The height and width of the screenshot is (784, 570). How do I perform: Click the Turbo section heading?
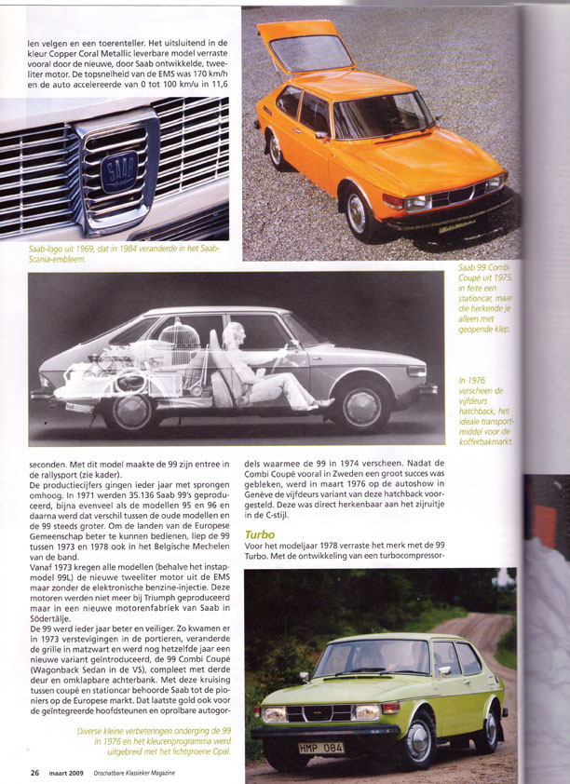[260, 534]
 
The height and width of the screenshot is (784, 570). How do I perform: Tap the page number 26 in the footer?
[34, 772]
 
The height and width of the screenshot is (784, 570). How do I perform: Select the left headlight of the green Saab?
[276, 715]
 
